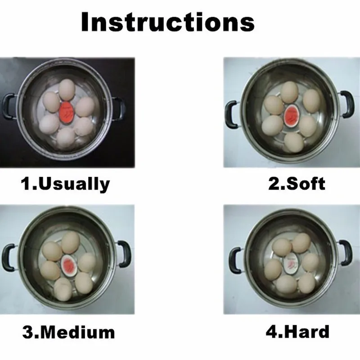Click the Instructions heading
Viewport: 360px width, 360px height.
pos(168,22)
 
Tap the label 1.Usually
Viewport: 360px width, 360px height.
pos(65,184)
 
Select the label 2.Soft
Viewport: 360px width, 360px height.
pos(297,184)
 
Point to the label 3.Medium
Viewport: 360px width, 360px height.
pos(68,332)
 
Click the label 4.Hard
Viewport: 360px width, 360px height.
pos(297,332)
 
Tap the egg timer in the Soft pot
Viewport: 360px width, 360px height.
pos(291,115)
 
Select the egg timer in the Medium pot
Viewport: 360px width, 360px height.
pos(68,264)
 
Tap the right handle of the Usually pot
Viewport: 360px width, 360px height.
pos(119,108)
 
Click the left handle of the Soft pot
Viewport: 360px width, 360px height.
pos(231,115)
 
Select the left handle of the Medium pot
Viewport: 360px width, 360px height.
pos(9,257)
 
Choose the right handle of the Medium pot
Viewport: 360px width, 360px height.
pos(124,253)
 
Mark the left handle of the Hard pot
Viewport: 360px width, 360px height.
pos(234,261)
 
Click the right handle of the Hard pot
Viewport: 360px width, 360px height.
pos(345,253)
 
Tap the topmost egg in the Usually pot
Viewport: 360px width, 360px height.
pos(67,90)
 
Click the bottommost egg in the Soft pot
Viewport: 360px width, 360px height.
pos(294,143)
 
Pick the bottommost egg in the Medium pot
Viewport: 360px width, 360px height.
pos(63,289)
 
